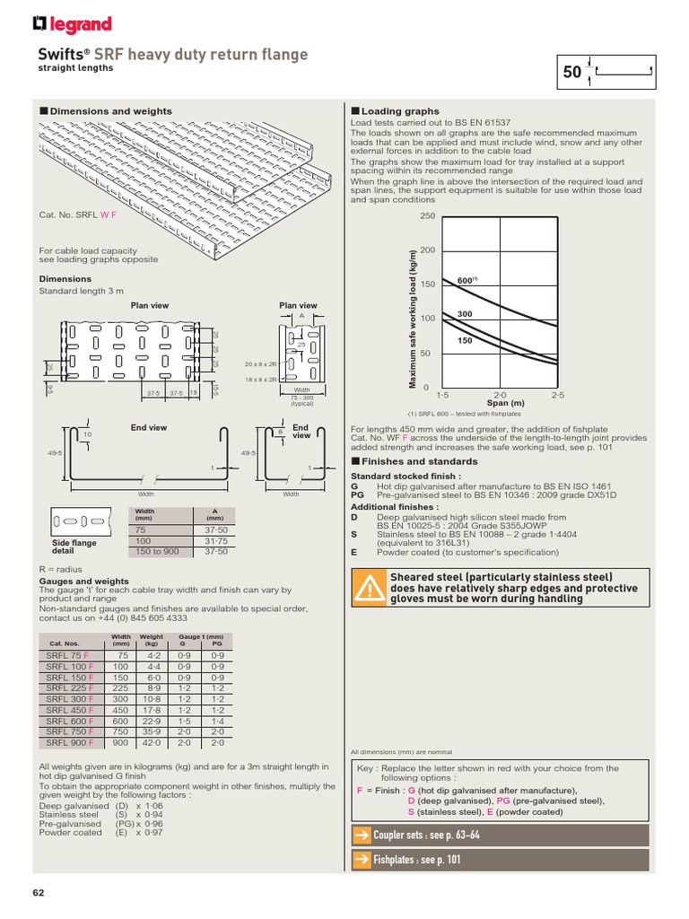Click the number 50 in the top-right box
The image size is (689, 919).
pyautogui.click(x=572, y=74)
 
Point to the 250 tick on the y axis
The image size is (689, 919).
pyautogui.click(x=426, y=216)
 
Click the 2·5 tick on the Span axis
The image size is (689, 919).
pyautogui.click(x=558, y=395)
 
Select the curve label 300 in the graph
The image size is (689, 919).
pyautogui.click(x=465, y=313)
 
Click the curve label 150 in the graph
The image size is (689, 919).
pyautogui.click(x=465, y=340)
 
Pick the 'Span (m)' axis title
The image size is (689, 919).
pyautogui.click(x=505, y=403)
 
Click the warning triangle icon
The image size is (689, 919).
pyautogui.click(x=369, y=588)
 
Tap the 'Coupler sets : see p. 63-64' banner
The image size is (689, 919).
pyautogui.click(x=498, y=835)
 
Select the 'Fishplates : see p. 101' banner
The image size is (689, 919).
pyautogui.click(x=498, y=860)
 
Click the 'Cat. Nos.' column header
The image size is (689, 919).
pyautogui.click(x=64, y=643)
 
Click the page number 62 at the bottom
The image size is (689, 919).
pyautogui.click(x=38, y=892)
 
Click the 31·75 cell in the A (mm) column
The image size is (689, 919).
pyautogui.click(x=215, y=540)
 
